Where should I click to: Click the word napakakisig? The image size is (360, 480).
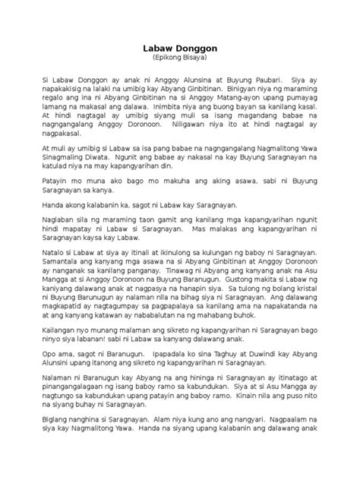tap(65, 88)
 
